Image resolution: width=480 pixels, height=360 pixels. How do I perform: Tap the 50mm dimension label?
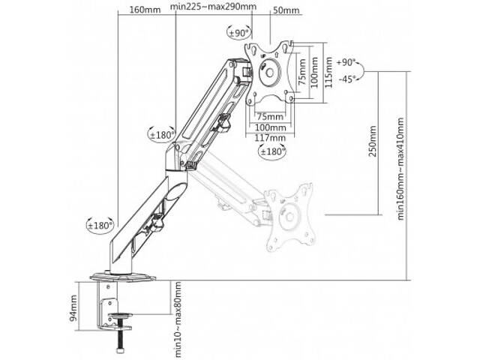[x=286, y=9]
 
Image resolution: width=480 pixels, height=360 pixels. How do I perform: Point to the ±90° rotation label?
[x=239, y=34]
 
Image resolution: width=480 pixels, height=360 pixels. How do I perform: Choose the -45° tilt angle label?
[x=346, y=79]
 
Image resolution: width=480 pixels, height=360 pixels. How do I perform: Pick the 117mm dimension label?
[x=270, y=138]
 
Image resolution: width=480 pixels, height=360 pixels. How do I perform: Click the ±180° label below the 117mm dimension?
[x=271, y=152]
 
